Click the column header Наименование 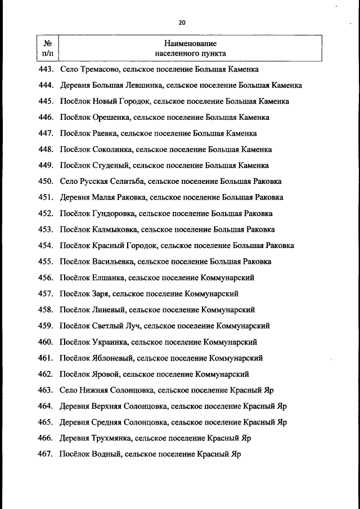point(191,43)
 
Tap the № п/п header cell point(48,48)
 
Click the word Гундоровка point(114,214)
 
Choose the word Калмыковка point(115,229)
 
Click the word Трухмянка point(112,438)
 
